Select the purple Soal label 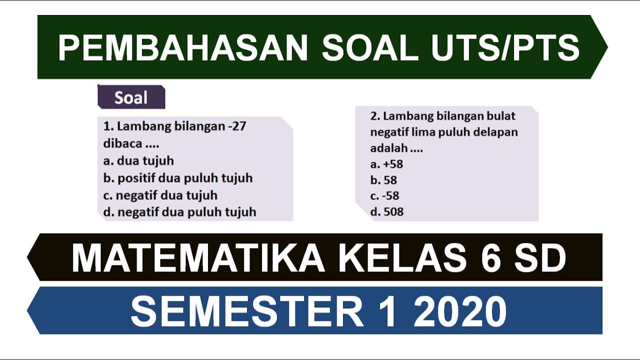[x=131, y=97]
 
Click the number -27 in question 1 [x=236, y=126]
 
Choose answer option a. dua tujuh [x=138, y=160]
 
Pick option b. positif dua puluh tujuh [x=177, y=178]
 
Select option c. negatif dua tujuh [x=160, y=195]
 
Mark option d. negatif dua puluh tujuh [x=179, y=212]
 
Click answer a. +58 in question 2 [x=386, y=164]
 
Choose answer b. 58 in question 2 [x=383, y=180]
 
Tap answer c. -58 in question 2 [x=384, y=195]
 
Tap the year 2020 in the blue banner [x=460, y=311]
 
